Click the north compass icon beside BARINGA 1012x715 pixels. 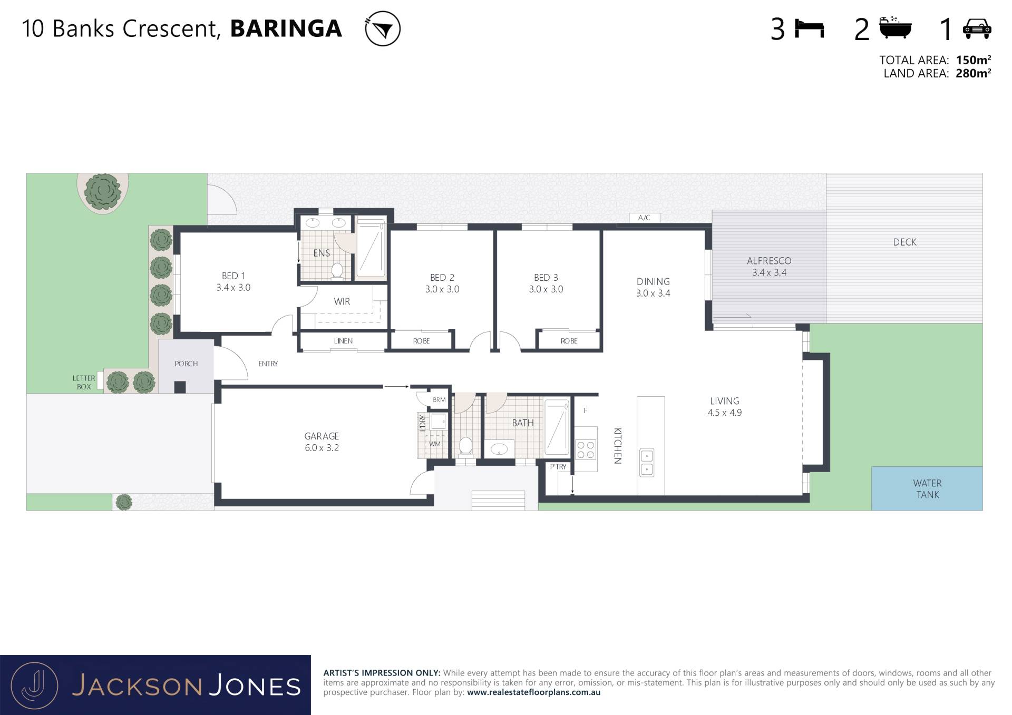[383, 28]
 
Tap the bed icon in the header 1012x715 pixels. [809, 28]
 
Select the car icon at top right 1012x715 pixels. [977, 28]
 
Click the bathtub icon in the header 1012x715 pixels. [896, 28]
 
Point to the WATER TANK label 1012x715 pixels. [927, 489]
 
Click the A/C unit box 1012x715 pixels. [644, 218]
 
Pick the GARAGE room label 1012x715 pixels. [322, 436]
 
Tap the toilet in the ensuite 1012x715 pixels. [337, 271]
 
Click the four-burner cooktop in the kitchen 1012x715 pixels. [586, 449]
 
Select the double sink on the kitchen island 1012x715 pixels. [647, 463]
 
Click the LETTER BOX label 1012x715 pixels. [84, 383]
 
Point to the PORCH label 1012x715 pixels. [186, 364]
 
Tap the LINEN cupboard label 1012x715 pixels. [343, 341]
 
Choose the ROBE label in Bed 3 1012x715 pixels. [569, 341]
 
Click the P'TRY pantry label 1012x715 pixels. [558, 467]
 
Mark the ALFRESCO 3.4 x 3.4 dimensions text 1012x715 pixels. [769, 272]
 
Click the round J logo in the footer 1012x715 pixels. [34, 685]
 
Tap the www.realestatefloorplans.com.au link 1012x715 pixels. [533, 692]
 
